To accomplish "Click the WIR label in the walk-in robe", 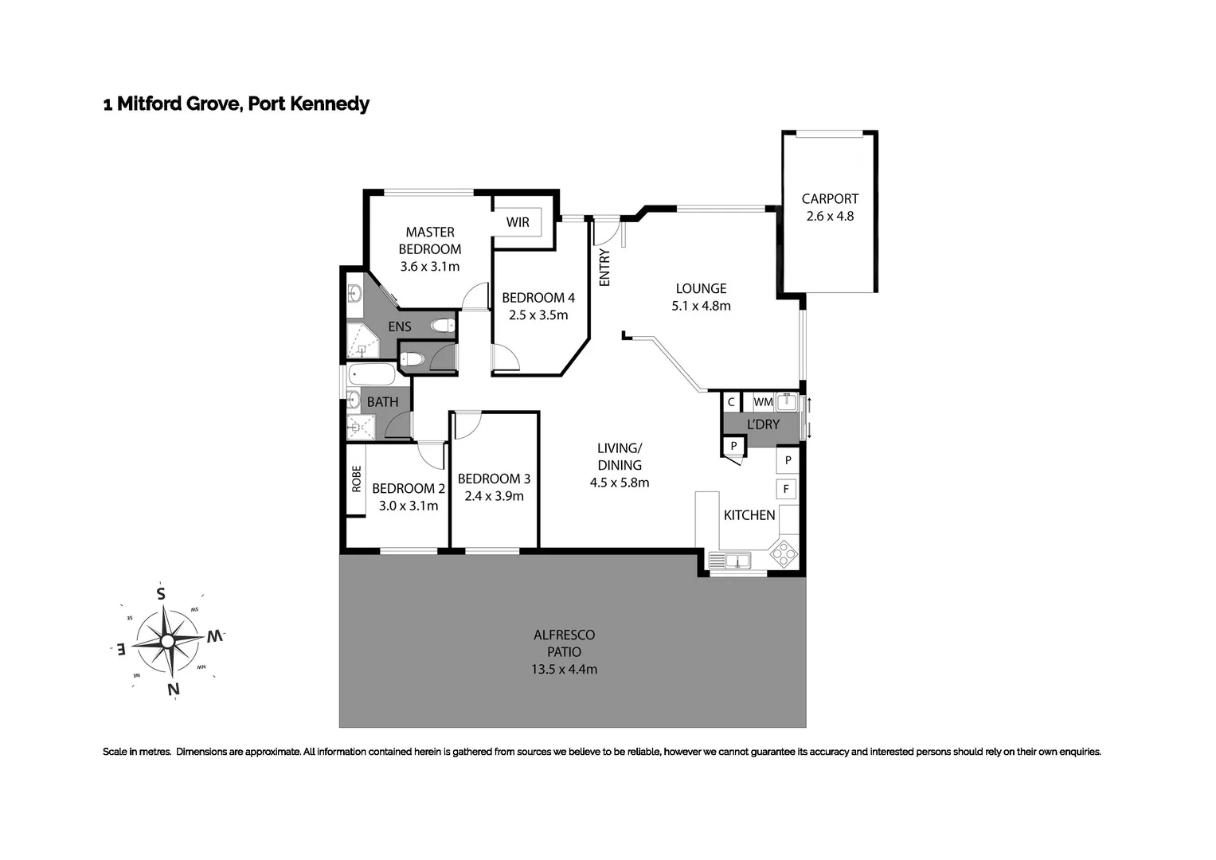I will point(518,222).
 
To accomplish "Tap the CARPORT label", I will point(830,199).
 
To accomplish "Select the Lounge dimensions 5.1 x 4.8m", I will point(701,306).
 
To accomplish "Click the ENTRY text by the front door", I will point(604,268).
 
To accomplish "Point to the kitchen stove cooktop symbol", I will point(784,553).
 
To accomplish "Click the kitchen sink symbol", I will point(736,561).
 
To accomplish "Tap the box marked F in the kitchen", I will point(787,489).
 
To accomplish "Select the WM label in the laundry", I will point(763,402).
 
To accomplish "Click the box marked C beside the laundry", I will point(731,402).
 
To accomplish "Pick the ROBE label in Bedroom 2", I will point(356,479).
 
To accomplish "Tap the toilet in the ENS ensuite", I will point(440,325).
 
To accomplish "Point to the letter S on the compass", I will point(161,593).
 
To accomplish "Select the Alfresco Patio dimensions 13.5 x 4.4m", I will point(564,670).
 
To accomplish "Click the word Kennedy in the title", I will point(330,104).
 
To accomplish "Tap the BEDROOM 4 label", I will point(538,298).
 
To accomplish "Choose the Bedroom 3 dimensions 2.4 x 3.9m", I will point(494,496).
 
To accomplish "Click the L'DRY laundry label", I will point(763,424).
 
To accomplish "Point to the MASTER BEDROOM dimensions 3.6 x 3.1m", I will point(430,267).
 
